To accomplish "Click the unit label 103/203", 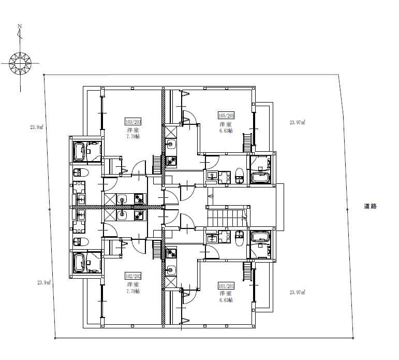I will pyautogui.click(x=133, y=122).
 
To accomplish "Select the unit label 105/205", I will pyautogui.click(x=226, y=116).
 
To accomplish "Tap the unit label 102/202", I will pyautogui.click(x=133, y=276).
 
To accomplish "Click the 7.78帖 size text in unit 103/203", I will pyautogui.click(x=133, y=137).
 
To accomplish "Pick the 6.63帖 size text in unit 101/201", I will pyautogui.click(x=226, y=300).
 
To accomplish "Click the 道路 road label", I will pyautogui.click(x=370, y=206).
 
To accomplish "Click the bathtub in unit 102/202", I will pyautogui.click(x=81, y=262).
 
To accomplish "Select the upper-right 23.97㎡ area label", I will pyautogui.click(x=297, y=123).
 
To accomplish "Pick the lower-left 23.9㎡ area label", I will pyautogui.click(x=43, y=282).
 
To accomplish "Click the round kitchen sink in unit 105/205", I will pyautogui.click(x=171, y=144).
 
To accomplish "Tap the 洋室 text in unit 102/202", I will pyautogui.click(x=133, y=285).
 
